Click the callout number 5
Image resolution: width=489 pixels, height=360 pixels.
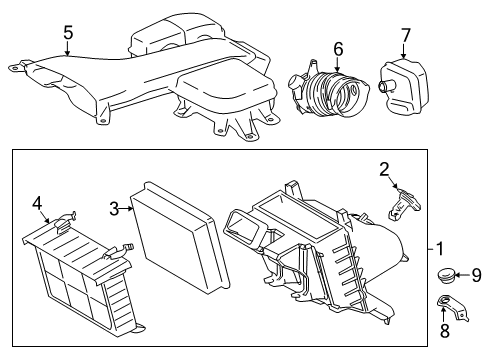coord(68,33)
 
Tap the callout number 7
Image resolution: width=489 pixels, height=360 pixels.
coord(405,37)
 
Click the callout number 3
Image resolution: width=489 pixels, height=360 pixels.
coord(115,207)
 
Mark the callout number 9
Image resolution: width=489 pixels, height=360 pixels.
coord(476,275)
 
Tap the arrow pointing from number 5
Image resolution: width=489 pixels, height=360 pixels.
coord(68,50)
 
